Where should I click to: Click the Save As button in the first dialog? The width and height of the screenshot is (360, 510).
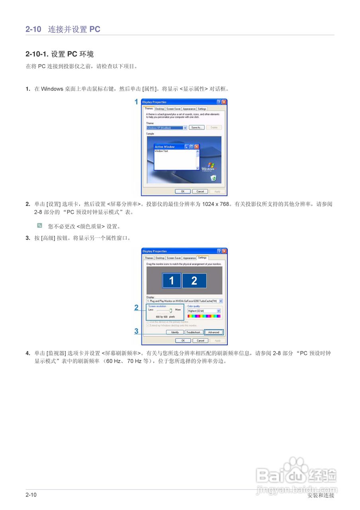click(196, 127)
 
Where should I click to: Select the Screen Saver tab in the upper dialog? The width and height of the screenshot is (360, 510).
click(173, 109)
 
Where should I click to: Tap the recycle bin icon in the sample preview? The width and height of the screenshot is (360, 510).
click(213, 178)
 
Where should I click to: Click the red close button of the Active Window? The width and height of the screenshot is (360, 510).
click(196, 147)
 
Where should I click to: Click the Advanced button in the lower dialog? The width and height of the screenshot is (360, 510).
click(214, 332)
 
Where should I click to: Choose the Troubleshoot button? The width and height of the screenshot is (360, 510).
click(194, 332)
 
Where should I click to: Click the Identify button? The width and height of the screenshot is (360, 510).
click(175, 332)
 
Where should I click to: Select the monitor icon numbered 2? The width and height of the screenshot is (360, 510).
click(194, 281)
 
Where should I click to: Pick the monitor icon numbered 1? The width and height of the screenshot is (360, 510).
click(172, 281)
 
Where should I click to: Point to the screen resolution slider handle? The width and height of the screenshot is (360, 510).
click(170, 310)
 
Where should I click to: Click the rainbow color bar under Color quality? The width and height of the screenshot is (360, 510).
click(204, 316)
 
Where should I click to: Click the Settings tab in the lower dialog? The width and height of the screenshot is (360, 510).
click(202, 258)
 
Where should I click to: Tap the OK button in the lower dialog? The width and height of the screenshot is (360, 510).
click(183, 341)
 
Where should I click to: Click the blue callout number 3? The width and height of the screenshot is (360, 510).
click(136, 331)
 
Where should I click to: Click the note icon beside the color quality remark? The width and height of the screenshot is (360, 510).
click(39, 226)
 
